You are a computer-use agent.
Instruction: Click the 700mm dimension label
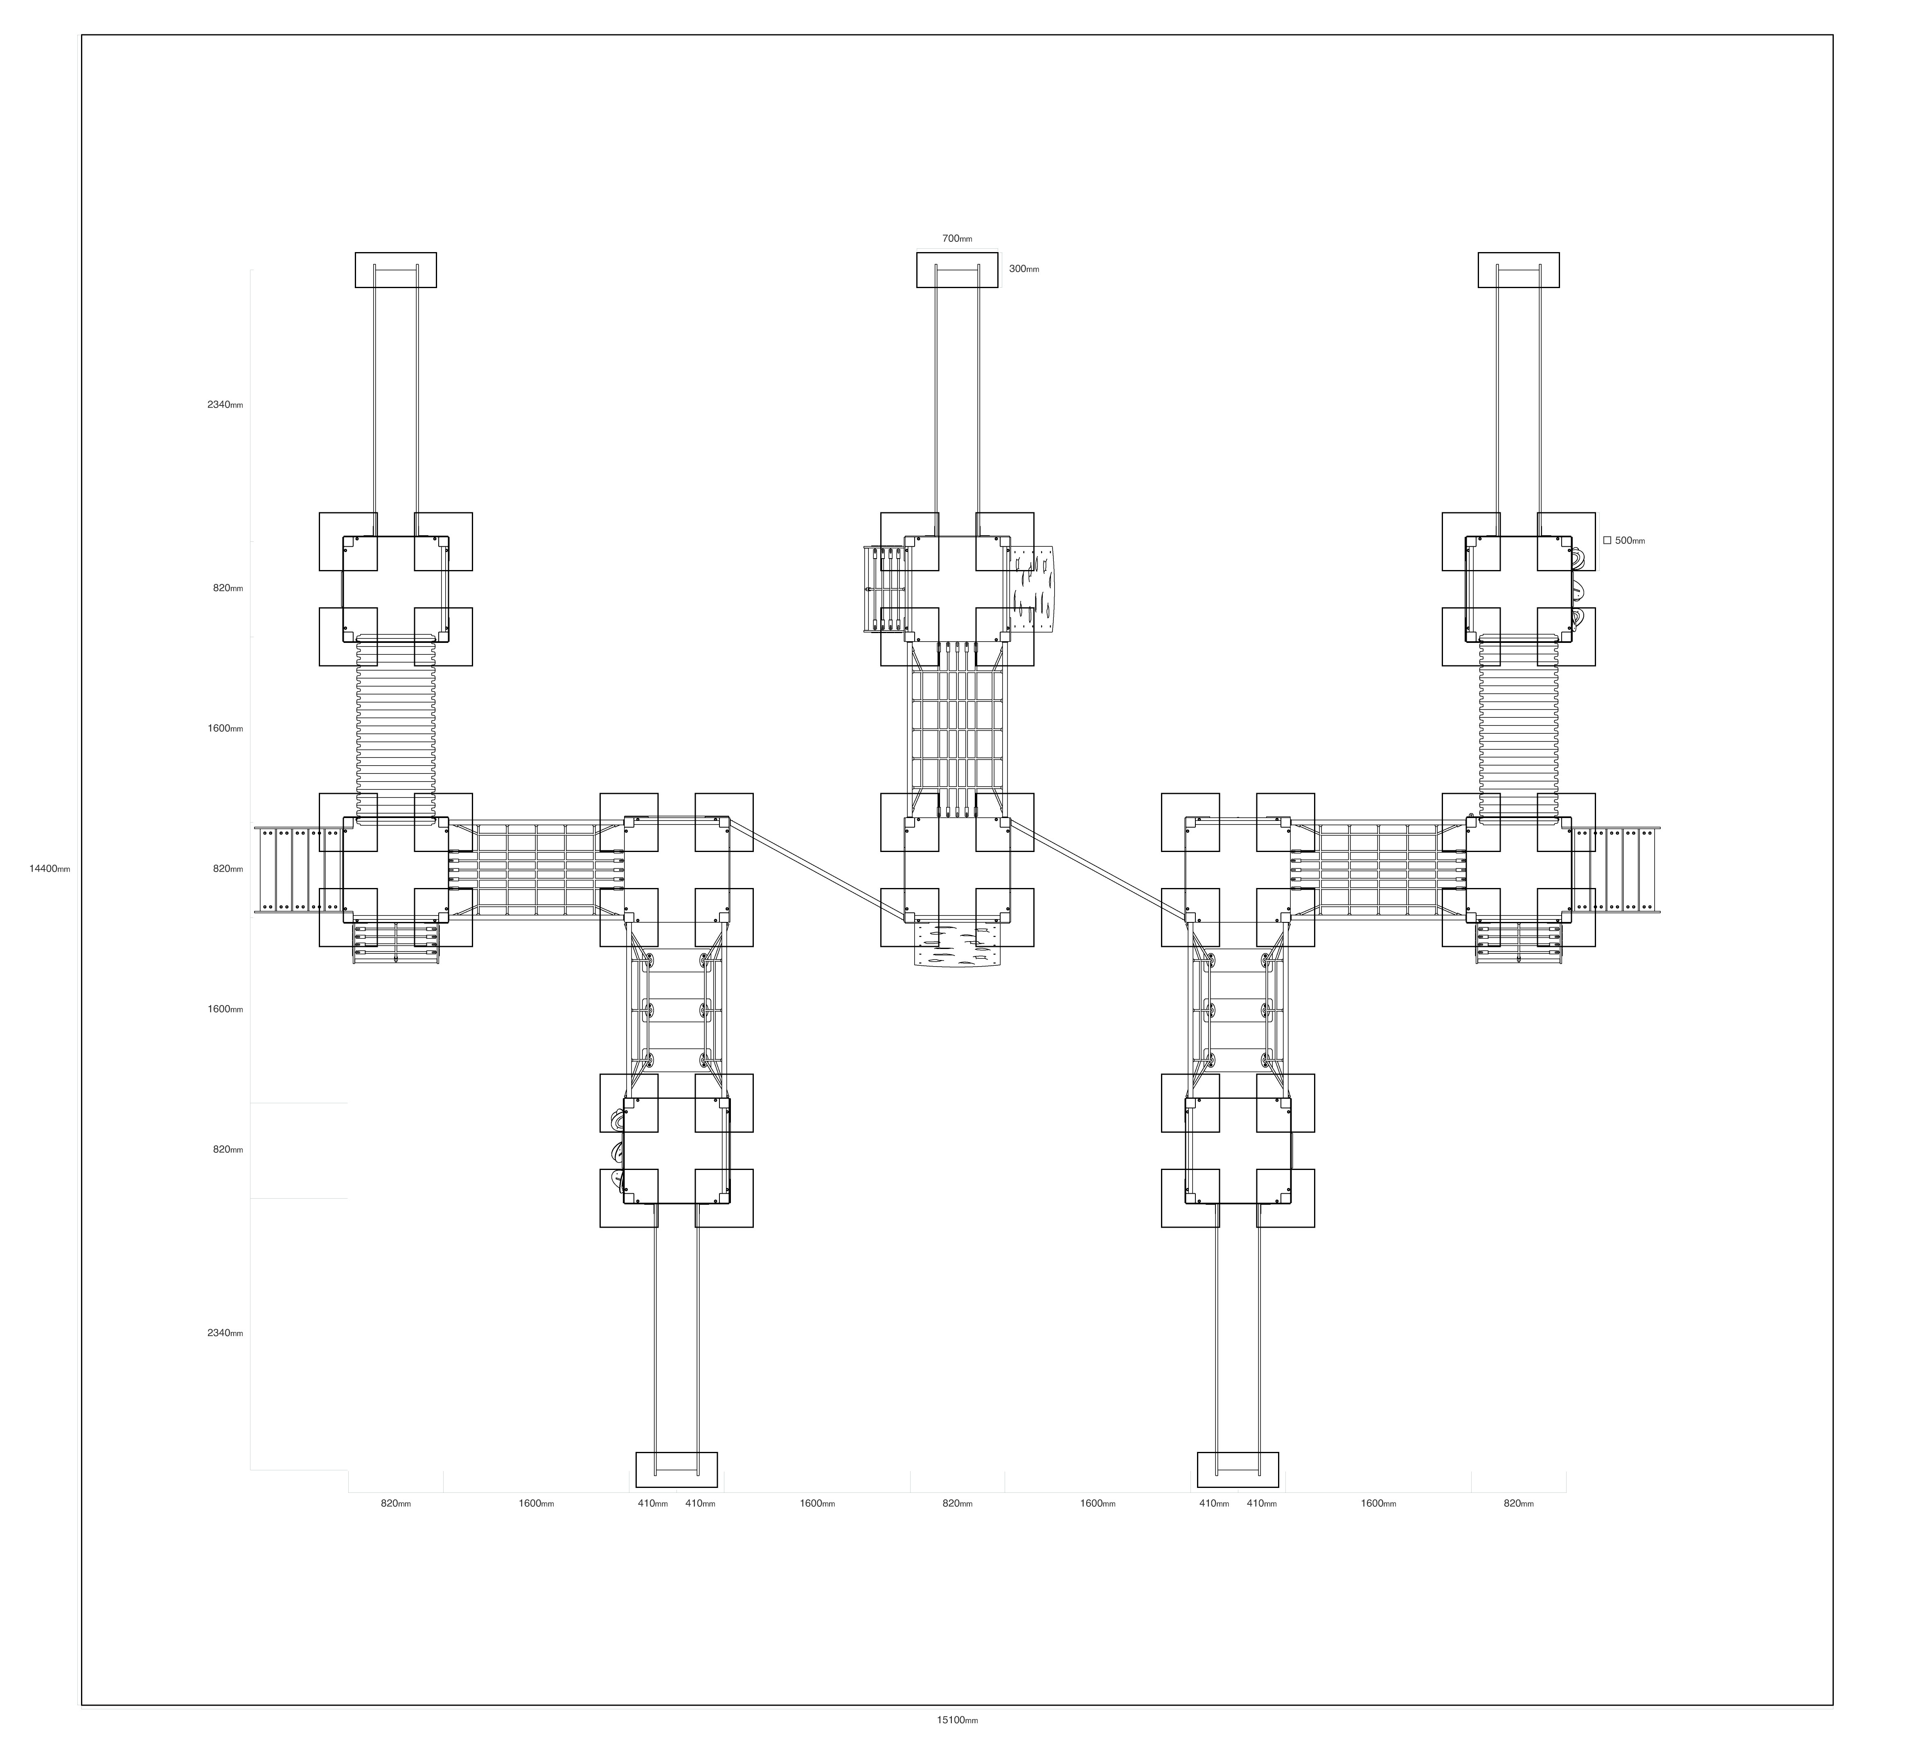tap(957, 239)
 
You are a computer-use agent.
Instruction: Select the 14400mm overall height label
tap(50, 869)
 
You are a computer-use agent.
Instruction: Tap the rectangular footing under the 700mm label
tap(957, 270)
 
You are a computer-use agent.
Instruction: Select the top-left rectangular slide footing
tap(396, 270)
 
